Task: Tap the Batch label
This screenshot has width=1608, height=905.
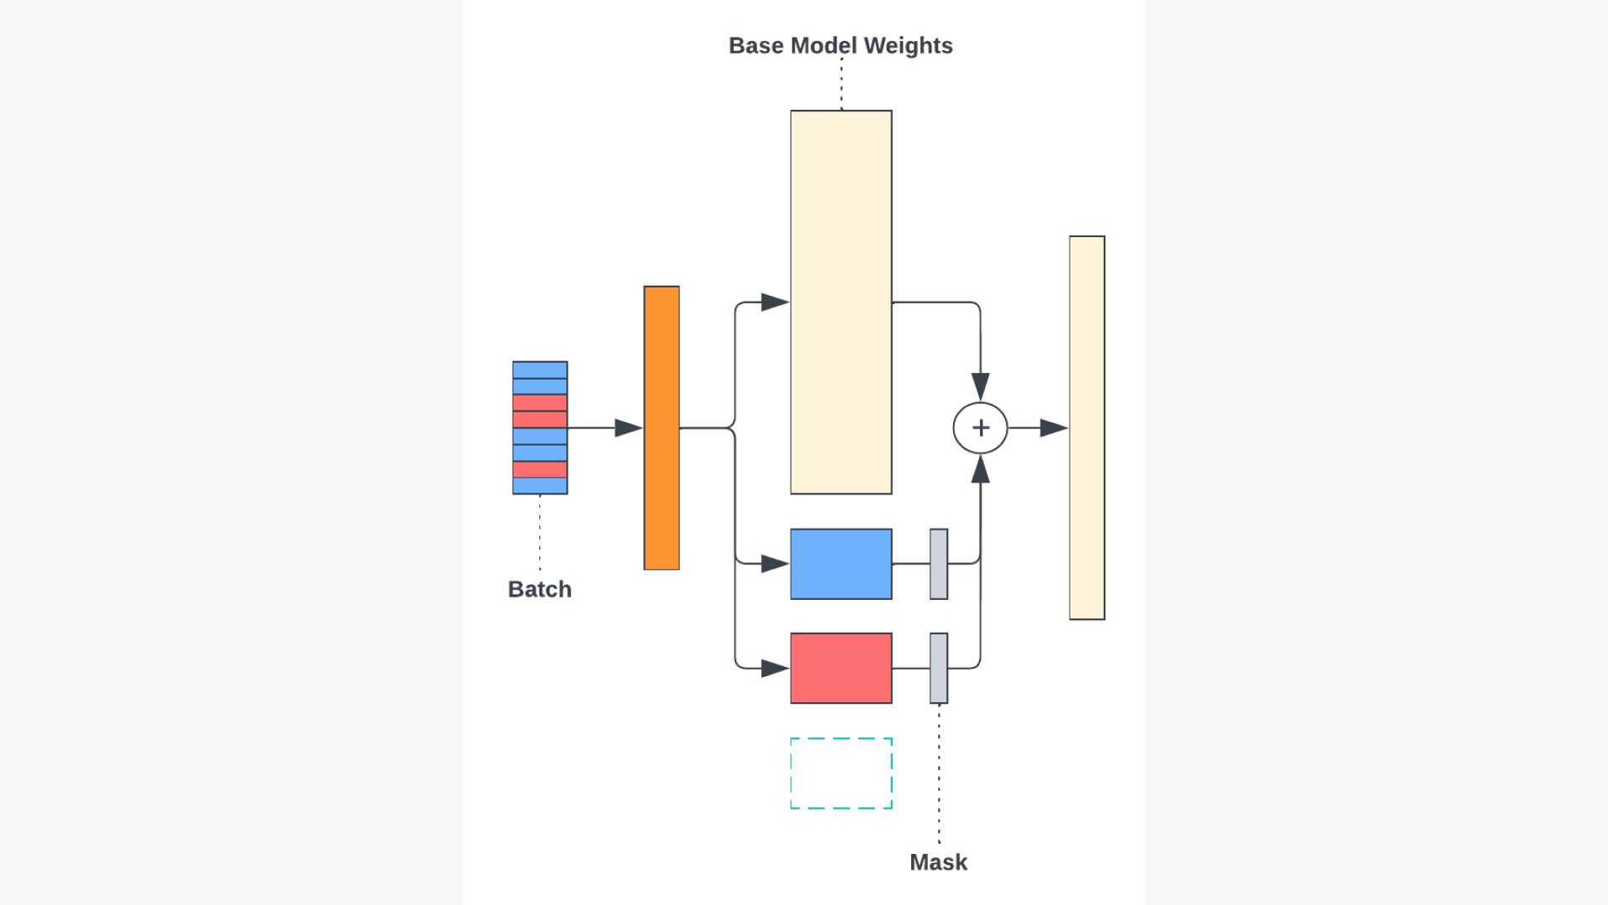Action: (539, 589)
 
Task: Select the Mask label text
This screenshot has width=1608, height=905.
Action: (938, 862)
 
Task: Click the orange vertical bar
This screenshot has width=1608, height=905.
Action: (662, 427)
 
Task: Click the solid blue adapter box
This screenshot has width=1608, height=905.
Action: (841, 564)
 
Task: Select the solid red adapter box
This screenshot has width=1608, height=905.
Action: (841, 668)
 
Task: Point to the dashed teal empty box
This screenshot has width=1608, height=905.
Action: (841, 773)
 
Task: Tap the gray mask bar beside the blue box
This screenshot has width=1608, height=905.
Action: (939, 564)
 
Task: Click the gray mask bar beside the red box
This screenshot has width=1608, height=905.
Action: (939, 668)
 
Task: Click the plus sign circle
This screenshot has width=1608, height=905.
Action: (980, 427)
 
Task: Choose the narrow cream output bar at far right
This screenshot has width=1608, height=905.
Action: (1087, 427)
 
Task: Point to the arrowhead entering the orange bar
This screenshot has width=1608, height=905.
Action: (629, 427)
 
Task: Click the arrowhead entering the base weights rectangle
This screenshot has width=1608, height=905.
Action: (776, 302)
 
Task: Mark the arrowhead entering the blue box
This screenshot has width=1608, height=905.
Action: (776, 564)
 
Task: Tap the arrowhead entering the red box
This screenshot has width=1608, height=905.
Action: (776, 668)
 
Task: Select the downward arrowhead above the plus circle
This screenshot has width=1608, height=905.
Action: (980, 386)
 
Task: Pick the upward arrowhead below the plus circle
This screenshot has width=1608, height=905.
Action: (980, 469)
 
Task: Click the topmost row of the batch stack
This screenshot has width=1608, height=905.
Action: (539, 370)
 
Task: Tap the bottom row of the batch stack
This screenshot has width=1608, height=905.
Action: (539, 486)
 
